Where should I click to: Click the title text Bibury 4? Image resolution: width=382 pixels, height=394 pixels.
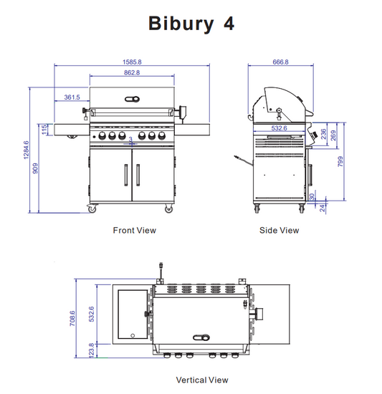[191, 23]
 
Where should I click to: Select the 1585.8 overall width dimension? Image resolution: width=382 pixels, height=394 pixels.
[131, 62]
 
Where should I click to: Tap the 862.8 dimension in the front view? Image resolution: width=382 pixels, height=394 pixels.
[131, 72]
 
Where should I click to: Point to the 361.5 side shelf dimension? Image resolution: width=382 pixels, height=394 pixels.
[72, 97]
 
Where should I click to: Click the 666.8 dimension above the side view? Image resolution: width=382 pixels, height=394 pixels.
[280, 62]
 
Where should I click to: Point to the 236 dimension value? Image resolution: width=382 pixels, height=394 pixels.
[324, 134]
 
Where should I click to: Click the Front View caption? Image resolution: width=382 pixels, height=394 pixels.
[134, 231]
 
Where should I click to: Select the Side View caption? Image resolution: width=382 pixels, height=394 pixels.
[279, 231]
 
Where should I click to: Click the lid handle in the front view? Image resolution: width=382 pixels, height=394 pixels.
[131, 99]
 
